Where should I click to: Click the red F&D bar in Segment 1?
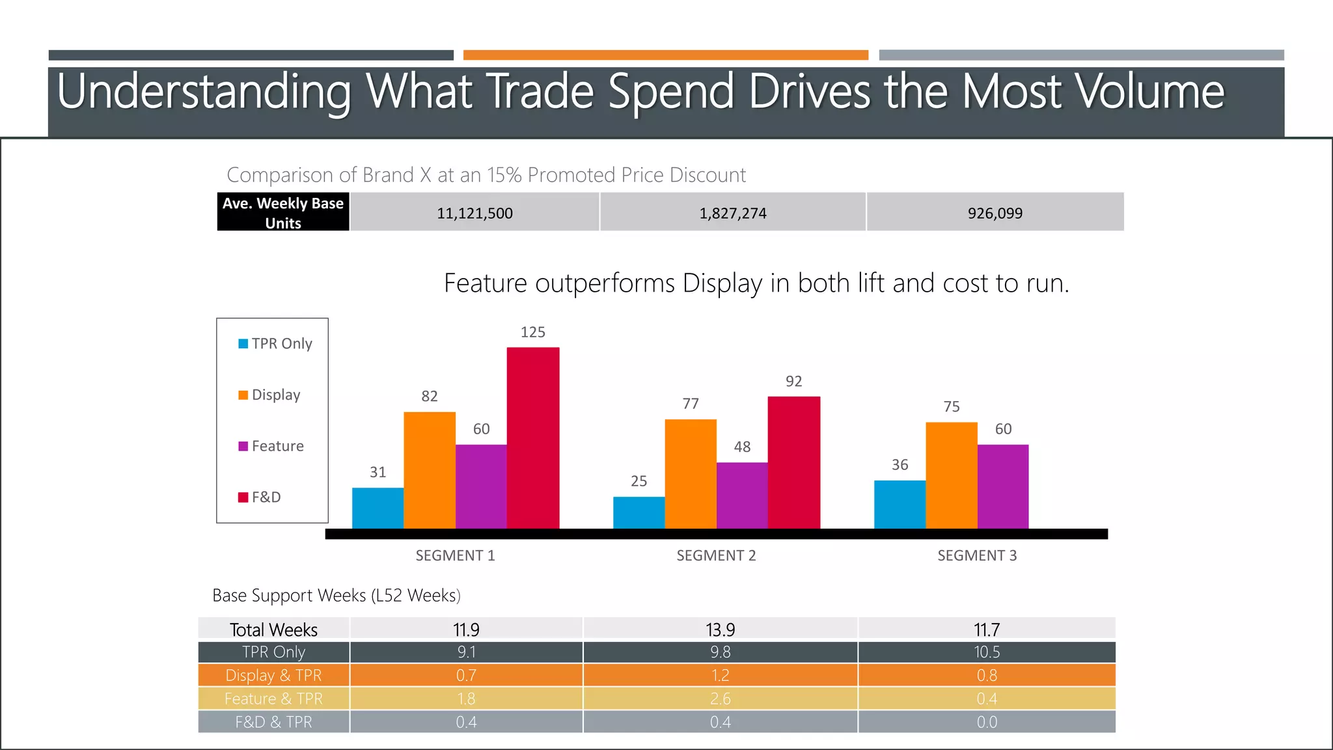point(533,437)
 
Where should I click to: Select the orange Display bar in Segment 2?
point(691,474)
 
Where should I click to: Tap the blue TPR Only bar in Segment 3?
point(900,505)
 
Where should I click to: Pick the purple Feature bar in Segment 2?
point(742,495)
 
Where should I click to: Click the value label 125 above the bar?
point(532,332)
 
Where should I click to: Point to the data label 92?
point(793,382)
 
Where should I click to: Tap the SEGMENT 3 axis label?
point(976,555)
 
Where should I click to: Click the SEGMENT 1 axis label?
point(455,555)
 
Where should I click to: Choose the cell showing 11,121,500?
point(474,213)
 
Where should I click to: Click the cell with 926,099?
point(995,213)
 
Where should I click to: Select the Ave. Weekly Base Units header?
point(283,213)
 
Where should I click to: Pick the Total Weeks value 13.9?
point(720,630)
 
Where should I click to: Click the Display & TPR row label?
point(273,675)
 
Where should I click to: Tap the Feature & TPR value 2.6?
point(720,699)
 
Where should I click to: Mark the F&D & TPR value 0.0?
point(986,722)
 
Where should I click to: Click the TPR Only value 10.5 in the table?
point(986,652)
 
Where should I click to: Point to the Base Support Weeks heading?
point(336,595)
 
